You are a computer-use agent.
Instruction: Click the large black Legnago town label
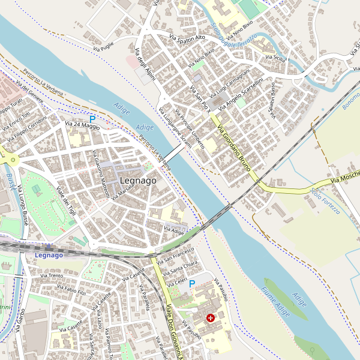(x=138, y=180)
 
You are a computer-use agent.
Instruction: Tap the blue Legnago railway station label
(x=49, y=255)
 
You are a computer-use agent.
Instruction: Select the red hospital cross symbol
(x=211, y=317)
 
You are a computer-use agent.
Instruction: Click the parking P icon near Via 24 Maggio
(x=92, y=119)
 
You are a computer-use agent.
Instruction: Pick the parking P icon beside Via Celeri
(x=192, y=283)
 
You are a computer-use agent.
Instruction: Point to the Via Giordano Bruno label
(x=233, y=147)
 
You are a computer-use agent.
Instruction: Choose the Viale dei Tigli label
(x=66, y=197)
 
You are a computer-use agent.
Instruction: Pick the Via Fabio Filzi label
(x=74, y=291)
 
